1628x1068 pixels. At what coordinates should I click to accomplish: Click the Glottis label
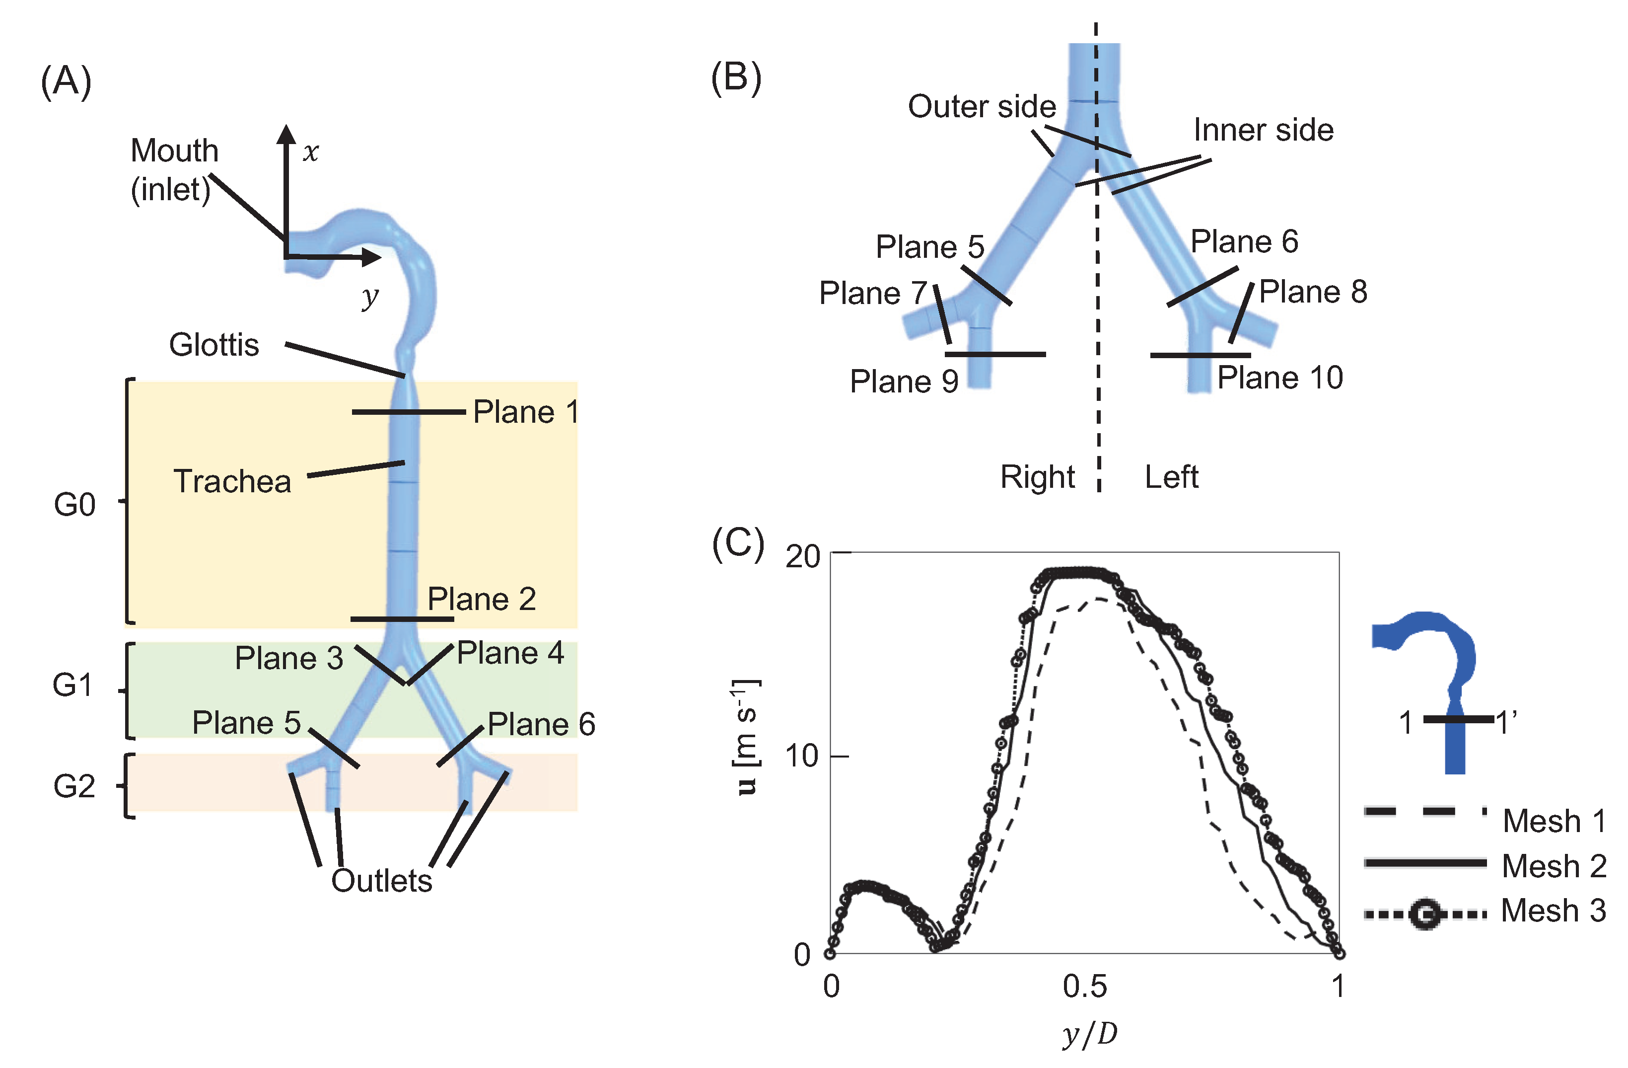(x=213, y=345)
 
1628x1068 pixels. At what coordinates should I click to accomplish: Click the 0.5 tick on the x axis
(x=1084, y=986)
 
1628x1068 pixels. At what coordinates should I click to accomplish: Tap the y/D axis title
(x=1090, y=1033)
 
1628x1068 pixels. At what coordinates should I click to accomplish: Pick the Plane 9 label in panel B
(x=903, y=381)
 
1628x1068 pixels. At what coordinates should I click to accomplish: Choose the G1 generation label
(x=72, y=685)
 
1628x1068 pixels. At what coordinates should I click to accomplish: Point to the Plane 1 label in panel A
(x=525, y=412)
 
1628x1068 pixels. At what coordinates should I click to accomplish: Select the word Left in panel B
(x=1171, y=477)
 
